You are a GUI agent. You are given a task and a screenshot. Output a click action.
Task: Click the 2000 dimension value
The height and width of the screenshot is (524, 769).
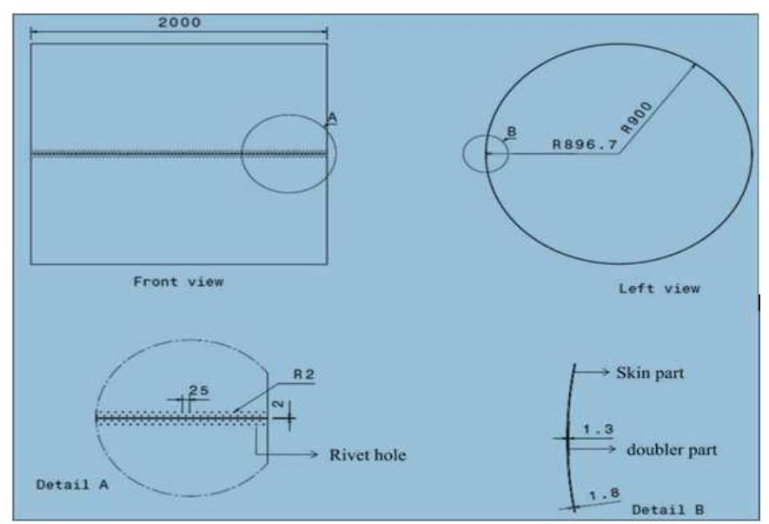tap(179, 23)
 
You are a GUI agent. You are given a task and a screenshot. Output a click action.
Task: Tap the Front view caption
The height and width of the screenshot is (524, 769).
tap(178, 282)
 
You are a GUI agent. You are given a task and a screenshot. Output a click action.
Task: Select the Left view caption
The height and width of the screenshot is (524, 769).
tap(659, 289)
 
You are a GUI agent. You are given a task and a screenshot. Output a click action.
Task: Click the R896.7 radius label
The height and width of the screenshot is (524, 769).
tap(585, 145)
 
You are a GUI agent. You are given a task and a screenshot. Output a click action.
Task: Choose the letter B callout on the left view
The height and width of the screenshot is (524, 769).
tap(511, 132)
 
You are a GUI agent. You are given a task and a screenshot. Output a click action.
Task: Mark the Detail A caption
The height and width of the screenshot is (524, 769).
tap(71, 484)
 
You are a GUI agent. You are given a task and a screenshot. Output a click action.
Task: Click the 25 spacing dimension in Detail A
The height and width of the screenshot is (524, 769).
tap(198, 392)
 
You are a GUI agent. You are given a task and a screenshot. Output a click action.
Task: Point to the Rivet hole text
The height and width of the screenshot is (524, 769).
tap(367, 454)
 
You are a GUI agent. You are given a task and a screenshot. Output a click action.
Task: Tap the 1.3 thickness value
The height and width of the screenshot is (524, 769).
tap(597, 429)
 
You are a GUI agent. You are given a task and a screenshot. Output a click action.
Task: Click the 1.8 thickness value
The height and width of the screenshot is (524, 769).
tap(605, 494)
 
